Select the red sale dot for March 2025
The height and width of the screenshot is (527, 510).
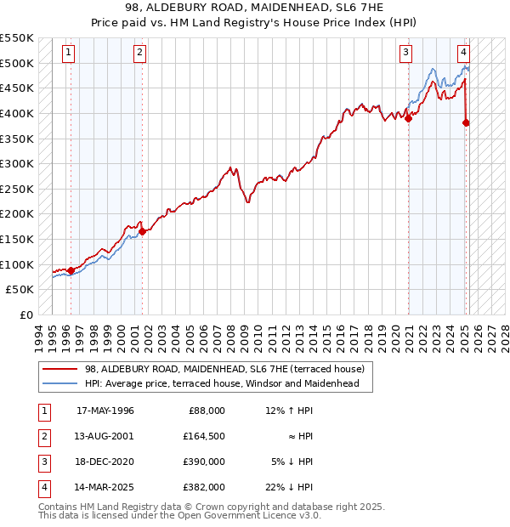[466, 122]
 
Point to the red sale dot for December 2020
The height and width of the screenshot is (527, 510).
[408, 118]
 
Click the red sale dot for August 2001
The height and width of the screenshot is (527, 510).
[142, 231]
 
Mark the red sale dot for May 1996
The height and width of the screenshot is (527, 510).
[71, 270]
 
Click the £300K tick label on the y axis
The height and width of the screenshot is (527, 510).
[18, 163]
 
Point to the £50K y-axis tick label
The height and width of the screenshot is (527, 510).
[21, 290]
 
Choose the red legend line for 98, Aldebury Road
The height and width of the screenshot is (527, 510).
[60, 369]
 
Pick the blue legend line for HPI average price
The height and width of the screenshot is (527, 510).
[60, 383]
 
